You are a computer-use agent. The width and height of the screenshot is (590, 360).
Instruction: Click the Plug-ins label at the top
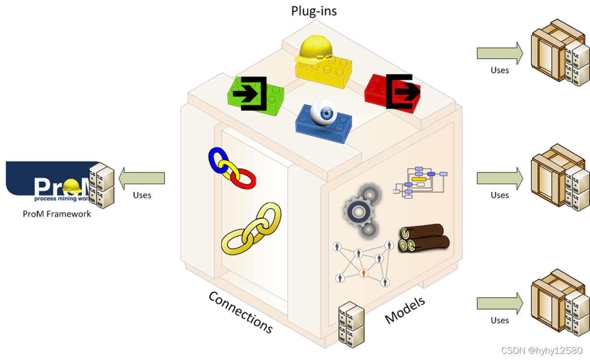coord(314,11)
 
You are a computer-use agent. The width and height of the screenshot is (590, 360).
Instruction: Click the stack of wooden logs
coord(424,238)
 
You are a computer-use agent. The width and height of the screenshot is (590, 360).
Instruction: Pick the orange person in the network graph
coord(364,273)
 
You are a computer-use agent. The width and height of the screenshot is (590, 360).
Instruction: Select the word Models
coord(405,310)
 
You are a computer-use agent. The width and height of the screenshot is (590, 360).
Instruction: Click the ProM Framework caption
coord(57,214)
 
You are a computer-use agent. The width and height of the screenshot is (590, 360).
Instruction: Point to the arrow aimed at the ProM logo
coord(142,178)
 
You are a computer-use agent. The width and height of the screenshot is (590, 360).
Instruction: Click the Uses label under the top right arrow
coord(499,70)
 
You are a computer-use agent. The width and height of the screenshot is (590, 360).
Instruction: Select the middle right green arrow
coord(499,178)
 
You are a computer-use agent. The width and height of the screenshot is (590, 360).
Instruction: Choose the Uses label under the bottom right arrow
coord(499,320)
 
